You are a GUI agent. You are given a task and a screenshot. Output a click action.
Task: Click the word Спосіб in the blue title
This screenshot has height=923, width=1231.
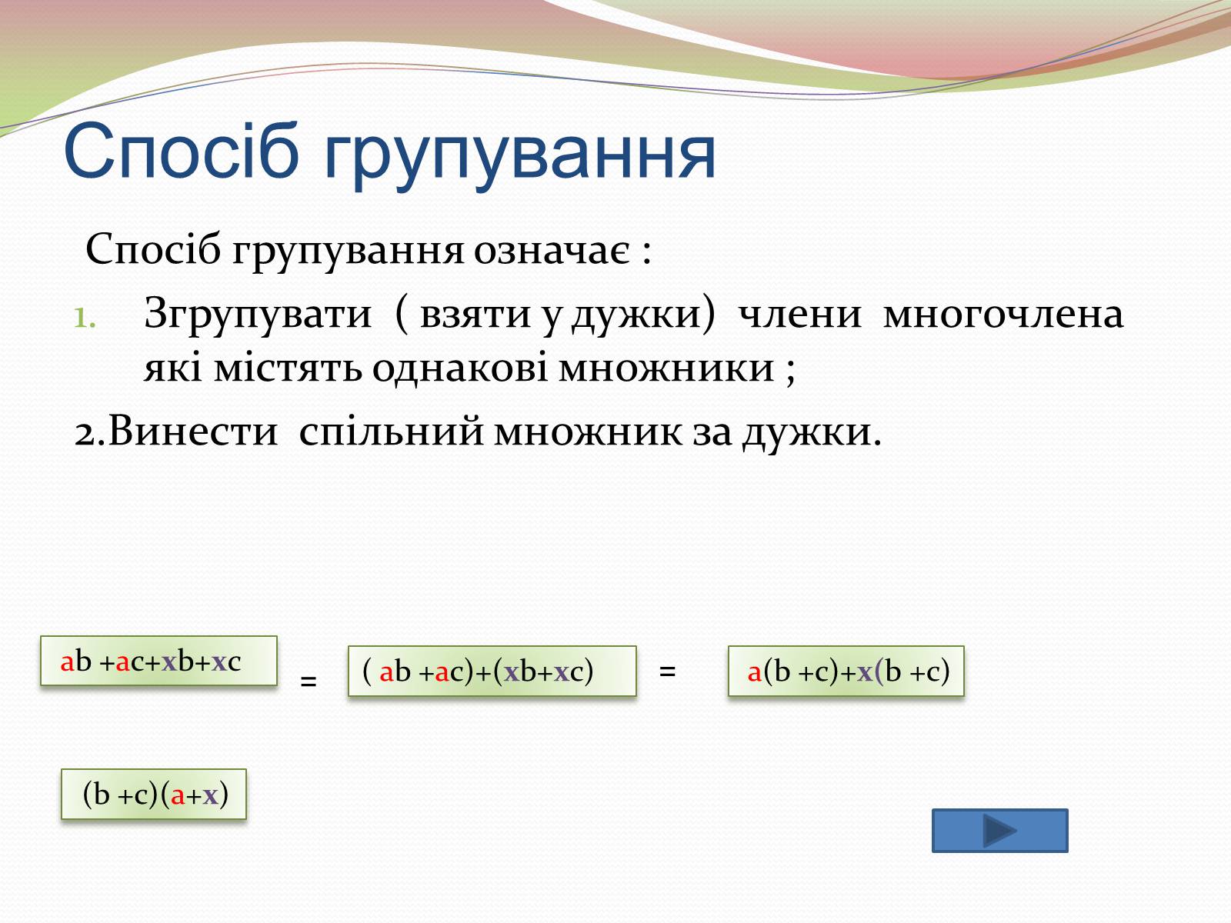[x=181, y=152]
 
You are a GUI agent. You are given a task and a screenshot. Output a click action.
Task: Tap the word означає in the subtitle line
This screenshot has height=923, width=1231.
[x=552, y=251]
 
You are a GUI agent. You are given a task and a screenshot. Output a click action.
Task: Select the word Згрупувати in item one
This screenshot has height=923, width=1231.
[x=258, y=315]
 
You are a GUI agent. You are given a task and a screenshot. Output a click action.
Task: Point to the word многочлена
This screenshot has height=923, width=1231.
[x=1002, y=315]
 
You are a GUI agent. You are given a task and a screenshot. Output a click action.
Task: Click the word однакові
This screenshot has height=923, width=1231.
[x=459, y=368]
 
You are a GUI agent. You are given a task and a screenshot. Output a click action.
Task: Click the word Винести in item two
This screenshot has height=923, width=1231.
[x=193, y=431]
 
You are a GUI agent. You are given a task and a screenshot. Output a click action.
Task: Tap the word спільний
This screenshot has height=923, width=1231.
[x=391, y=432]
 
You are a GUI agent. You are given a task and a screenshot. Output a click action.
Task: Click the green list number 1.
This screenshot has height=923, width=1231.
[x=85, y=319]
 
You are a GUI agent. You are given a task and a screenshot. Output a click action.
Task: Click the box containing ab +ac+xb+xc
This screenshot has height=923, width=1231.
[x=158, y=661]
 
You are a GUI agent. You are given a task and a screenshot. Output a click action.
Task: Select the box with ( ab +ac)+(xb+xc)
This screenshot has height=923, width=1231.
[x=492, y=671]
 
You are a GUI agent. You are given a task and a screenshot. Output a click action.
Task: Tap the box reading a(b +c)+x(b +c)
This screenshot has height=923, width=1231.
[x=846, y=671]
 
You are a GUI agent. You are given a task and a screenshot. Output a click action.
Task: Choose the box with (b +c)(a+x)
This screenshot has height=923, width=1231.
[x=154, y=794]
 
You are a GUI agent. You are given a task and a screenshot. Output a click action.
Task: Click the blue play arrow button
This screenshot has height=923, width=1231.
[x=1000, y=831]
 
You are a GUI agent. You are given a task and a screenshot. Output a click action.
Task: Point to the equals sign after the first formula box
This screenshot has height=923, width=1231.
[x=309, y=681]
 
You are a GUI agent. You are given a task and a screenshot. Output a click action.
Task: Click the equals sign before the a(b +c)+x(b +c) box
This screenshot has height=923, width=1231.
[x=667, y=671]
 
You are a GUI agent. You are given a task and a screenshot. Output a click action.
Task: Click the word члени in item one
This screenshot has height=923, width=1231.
[x=799, y=315]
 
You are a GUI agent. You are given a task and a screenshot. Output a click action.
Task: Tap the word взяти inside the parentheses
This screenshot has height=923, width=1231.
[x=475, y=315]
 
